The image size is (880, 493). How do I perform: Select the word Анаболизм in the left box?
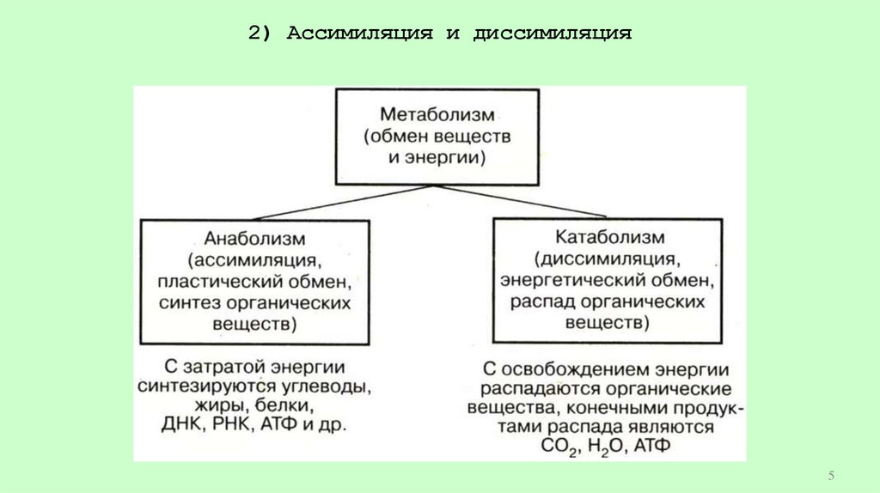[x=255, y=236]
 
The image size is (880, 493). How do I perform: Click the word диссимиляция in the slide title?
[x=553, y=34]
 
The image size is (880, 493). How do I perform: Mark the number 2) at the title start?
[x=260, y=34]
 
